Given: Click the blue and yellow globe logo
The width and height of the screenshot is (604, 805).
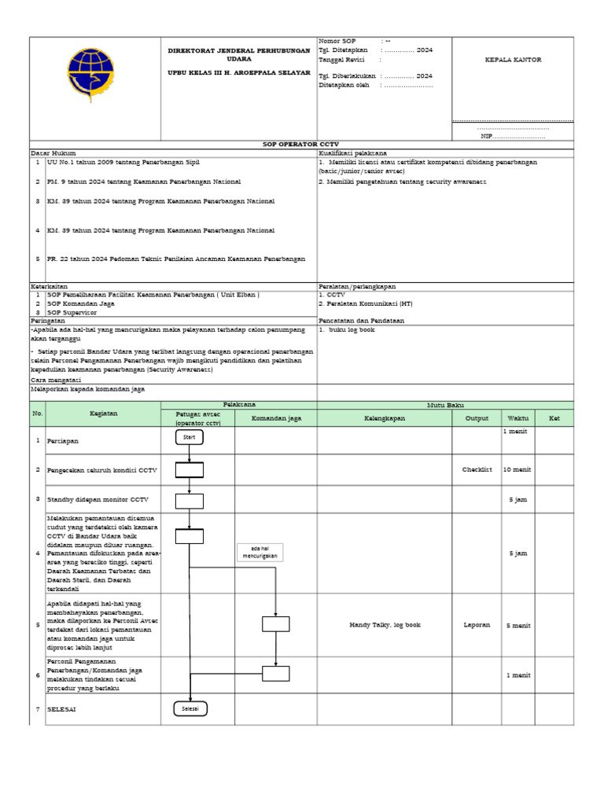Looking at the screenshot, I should [89, 71].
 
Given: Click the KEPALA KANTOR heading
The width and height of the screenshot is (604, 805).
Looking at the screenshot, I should [512, 60].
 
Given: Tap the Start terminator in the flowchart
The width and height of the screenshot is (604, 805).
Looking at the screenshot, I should [189, 437].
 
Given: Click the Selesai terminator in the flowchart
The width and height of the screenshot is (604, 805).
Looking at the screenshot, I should [190, 708].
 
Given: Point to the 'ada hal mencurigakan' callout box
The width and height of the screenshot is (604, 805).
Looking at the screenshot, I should [260, 553].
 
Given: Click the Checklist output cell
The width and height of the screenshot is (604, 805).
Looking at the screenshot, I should [477, 469].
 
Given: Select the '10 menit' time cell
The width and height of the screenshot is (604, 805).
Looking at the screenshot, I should [517, 469].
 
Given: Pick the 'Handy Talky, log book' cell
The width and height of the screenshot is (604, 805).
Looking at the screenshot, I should [385, 625].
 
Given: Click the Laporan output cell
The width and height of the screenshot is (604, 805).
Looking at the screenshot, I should [477, 625].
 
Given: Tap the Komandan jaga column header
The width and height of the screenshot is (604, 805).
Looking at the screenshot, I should [276, 419].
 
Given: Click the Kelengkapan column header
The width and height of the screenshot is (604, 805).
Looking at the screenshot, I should [384, 419].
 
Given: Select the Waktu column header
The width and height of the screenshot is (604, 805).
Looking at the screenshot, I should [517, 419].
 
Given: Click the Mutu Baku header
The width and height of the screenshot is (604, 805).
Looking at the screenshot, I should [445, 405].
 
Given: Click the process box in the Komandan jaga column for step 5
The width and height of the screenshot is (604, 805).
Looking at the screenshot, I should [275, 624].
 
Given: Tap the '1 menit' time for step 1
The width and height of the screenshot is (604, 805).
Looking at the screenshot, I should [517, 432].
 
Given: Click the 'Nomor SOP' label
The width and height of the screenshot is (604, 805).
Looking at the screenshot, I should [337, 40].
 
